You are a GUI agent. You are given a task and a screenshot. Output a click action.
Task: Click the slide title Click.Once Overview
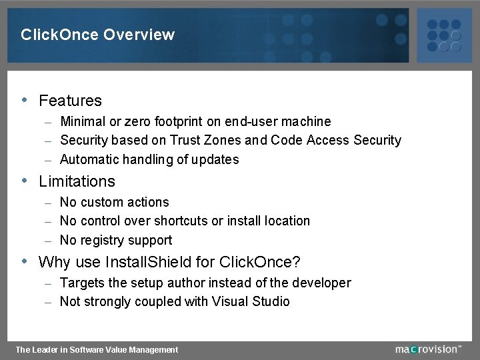point(97,35)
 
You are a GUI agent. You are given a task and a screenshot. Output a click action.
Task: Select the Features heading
point(70,101)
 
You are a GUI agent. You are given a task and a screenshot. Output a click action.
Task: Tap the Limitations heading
point(77,181)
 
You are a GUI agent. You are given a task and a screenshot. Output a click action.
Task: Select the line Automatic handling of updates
point(149,159)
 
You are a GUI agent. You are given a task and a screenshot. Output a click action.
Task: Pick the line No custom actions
point(114,202)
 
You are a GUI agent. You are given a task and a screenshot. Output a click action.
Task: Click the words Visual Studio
point(251,301)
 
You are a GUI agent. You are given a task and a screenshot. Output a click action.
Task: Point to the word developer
point(322,283)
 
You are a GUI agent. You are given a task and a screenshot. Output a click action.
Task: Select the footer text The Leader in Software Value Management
point(97,349)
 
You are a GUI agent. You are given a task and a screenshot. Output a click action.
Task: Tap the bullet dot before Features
point(25,101)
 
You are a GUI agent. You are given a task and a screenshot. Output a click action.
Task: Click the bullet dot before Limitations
point(25,181)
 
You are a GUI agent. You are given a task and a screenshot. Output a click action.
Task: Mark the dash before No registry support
point(48,241)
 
